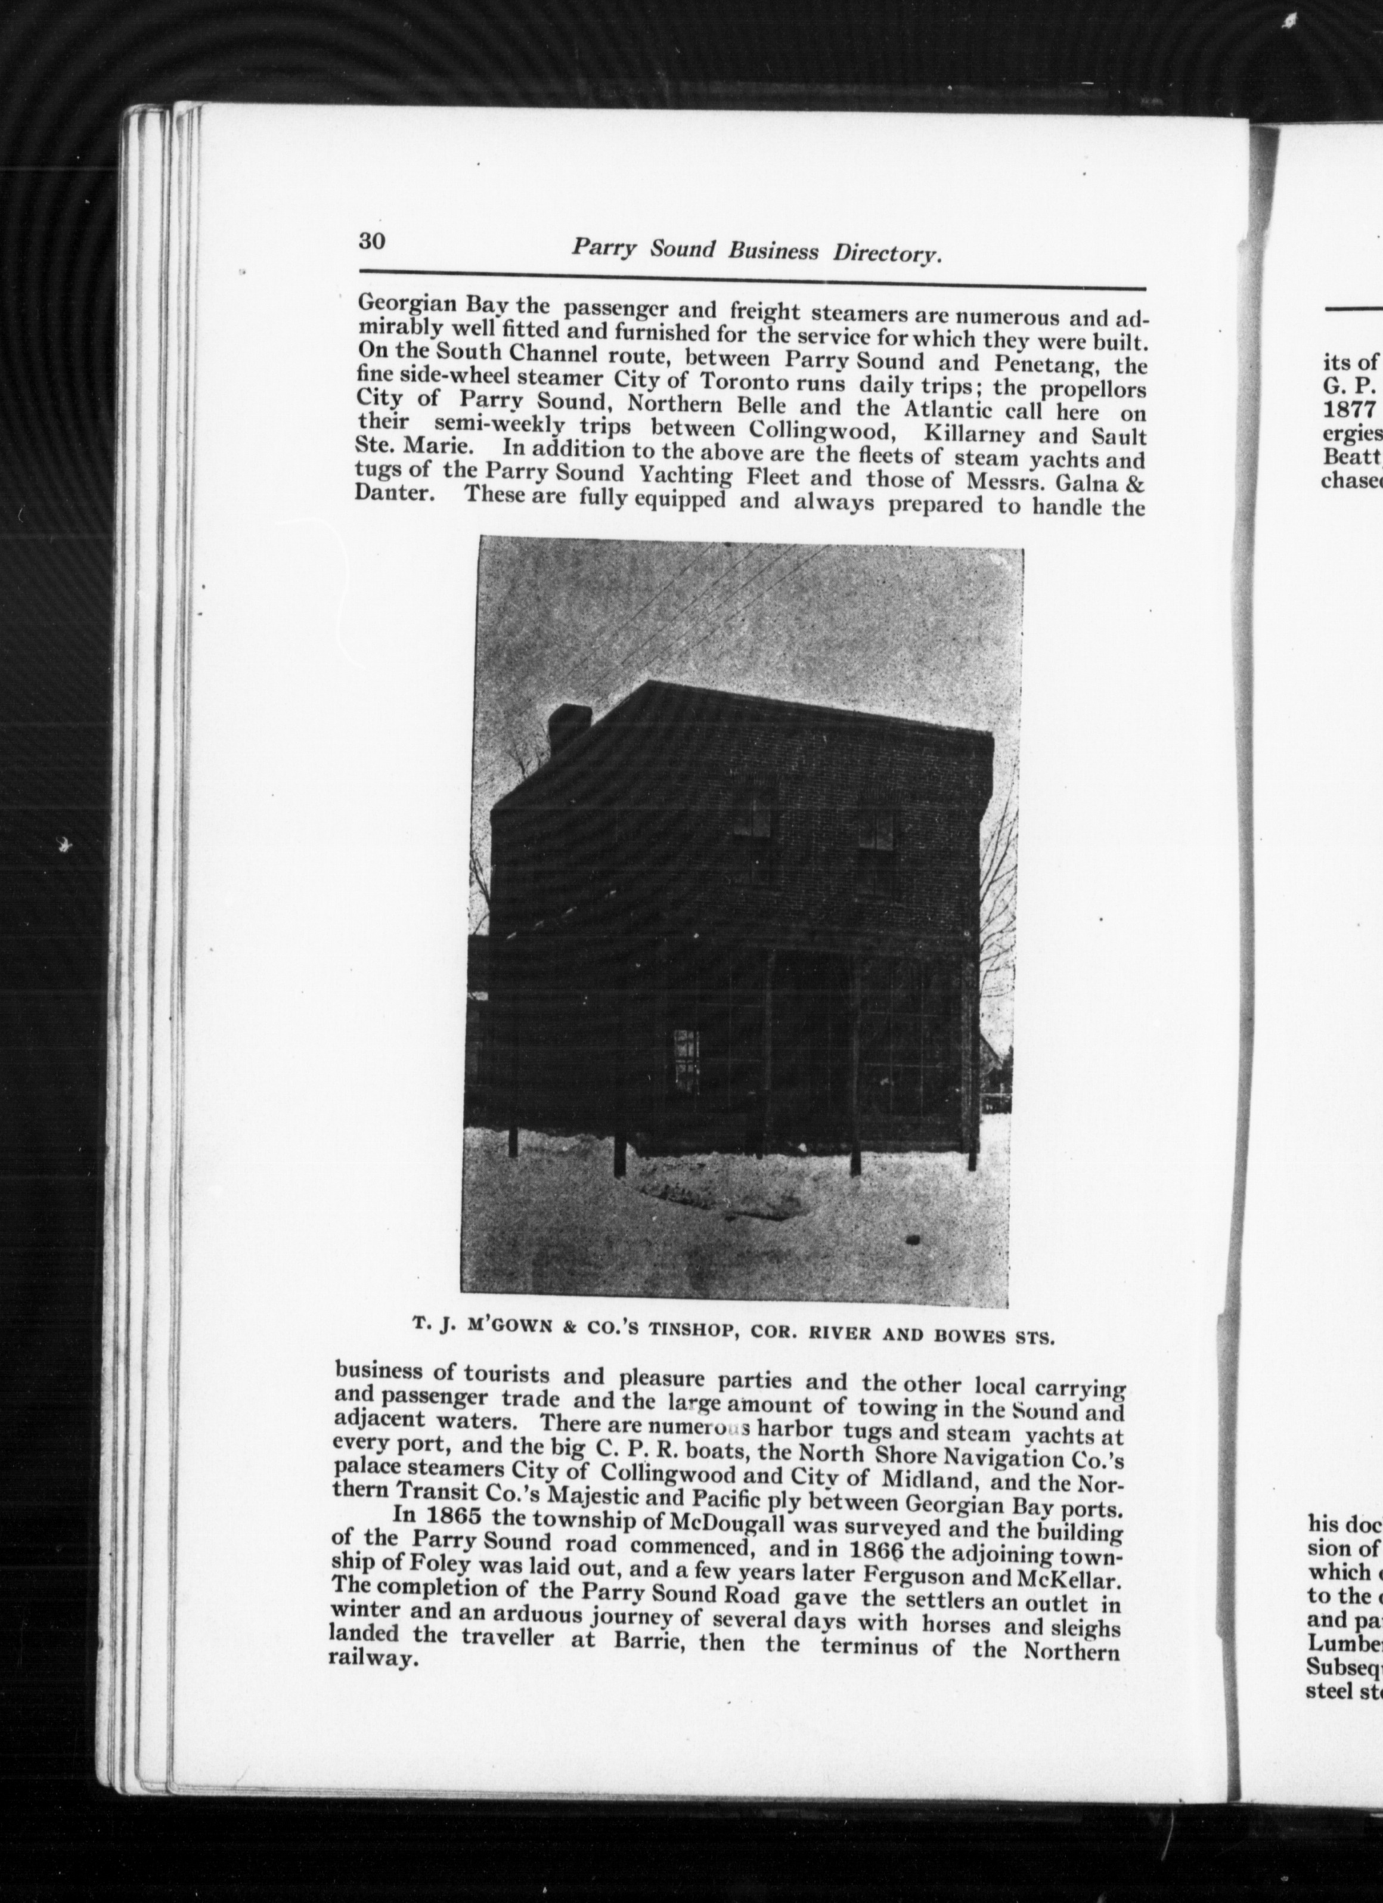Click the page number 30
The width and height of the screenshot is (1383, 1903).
pyautogui.click(x=372, y=241)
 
